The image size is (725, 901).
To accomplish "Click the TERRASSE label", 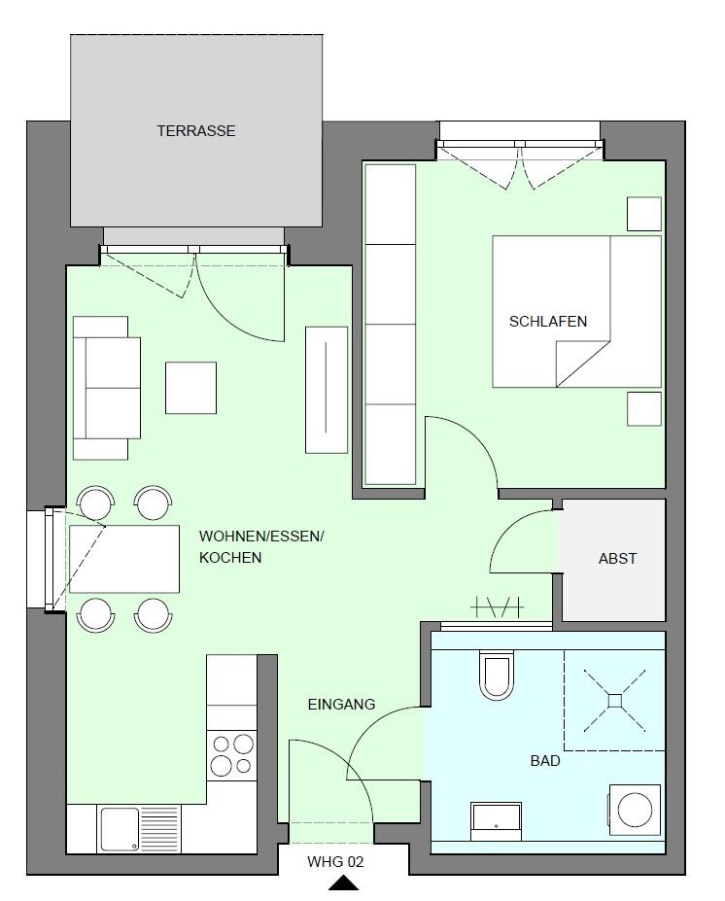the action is pos(196,131).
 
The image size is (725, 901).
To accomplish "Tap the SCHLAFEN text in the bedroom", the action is pos(548,321).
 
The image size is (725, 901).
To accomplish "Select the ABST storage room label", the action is pos(617,559).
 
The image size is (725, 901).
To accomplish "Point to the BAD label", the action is pos(545,761).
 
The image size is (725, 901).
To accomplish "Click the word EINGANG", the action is pos(341,704).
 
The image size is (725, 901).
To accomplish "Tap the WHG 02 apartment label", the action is pos(335,862).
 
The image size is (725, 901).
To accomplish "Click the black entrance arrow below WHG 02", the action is pos(343,884).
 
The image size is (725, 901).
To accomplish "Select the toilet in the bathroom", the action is pos(497,676).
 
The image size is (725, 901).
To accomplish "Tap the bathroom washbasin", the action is pos(496,821).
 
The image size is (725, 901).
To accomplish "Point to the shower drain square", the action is pos(615,701).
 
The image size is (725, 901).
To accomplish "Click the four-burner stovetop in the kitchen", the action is pos(232,755).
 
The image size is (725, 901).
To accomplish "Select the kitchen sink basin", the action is pos(120,829).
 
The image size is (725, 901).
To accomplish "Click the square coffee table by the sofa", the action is pos(190,388).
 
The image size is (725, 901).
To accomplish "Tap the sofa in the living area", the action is pos(107,388).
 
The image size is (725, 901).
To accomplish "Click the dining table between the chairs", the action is pos(124,559).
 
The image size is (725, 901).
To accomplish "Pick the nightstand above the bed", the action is pos(644,214).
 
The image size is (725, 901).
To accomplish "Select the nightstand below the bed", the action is pos(644,409).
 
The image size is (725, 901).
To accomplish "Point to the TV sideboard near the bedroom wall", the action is pos(327,390).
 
